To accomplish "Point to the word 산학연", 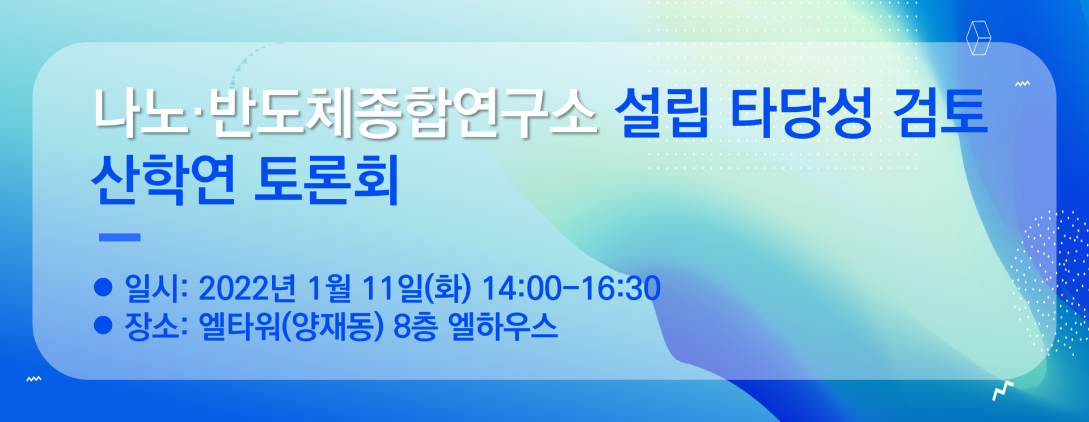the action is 163,179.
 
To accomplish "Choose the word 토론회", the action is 327,179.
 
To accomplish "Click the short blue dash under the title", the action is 120,237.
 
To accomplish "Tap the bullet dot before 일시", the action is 103,287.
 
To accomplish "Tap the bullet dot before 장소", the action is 103,325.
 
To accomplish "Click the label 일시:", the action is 156,288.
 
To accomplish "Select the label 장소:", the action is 156,326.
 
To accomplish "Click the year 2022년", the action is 247,288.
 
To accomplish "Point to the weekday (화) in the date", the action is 448,288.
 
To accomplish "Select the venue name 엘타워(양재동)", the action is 292,327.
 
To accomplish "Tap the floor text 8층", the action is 415,327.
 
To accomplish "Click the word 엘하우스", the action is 503,327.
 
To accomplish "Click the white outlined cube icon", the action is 978,38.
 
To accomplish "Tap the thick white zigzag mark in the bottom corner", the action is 1003,391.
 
